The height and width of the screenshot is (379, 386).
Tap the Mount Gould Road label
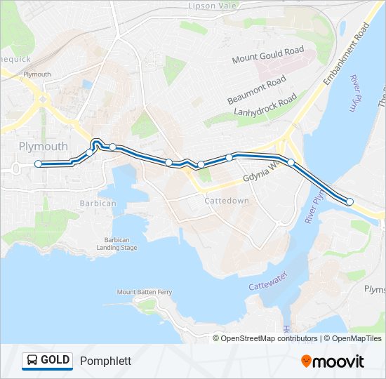pyautogui.click(x=268, y=55)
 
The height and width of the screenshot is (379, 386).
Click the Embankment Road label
pyautogui.click(x=346, y=56)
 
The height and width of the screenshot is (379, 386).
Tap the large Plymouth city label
pyautogui.click(x=44, y=146)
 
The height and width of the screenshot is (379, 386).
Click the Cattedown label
pyautogui.click(x=227, y=201)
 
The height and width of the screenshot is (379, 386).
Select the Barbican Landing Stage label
pyautogui.click(x=117, y=244)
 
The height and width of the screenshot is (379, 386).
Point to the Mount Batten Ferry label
pyautogui.click(x=145, y=292)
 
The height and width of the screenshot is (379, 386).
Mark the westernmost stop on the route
pyautogui.click(x=38, y=164)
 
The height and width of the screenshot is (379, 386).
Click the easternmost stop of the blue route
pyautogui.click(x=350, y=202)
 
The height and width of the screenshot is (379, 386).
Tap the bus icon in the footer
pyautogui.click(x=32, y=361)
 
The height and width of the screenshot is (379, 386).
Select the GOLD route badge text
pyautogui.click(x=55, y=361)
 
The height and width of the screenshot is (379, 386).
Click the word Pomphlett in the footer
pyautogui.click(x=105, y=361)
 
